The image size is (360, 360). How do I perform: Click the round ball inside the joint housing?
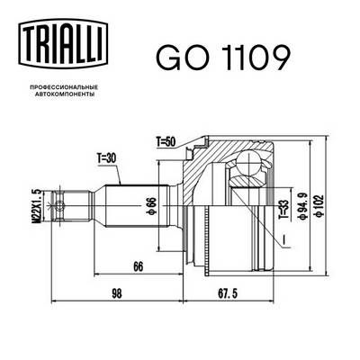247,166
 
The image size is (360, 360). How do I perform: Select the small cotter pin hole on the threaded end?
60,207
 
